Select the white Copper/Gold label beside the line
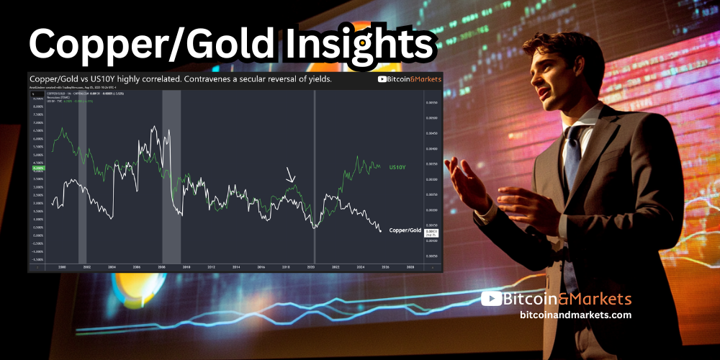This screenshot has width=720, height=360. point(404,230)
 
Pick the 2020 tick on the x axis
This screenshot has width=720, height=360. point(311,266)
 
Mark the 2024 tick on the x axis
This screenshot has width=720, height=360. point(361,266)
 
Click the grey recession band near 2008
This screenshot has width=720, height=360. point(171,180)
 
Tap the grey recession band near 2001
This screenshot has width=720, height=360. point(82,180)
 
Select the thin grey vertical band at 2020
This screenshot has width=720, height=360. point(315,180)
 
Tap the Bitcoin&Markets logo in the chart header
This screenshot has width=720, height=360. point(409,79)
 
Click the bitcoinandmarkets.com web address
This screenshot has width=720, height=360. point(575,315)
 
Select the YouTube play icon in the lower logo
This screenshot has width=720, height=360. point(491,298)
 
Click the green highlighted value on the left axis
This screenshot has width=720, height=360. point(39,168)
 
